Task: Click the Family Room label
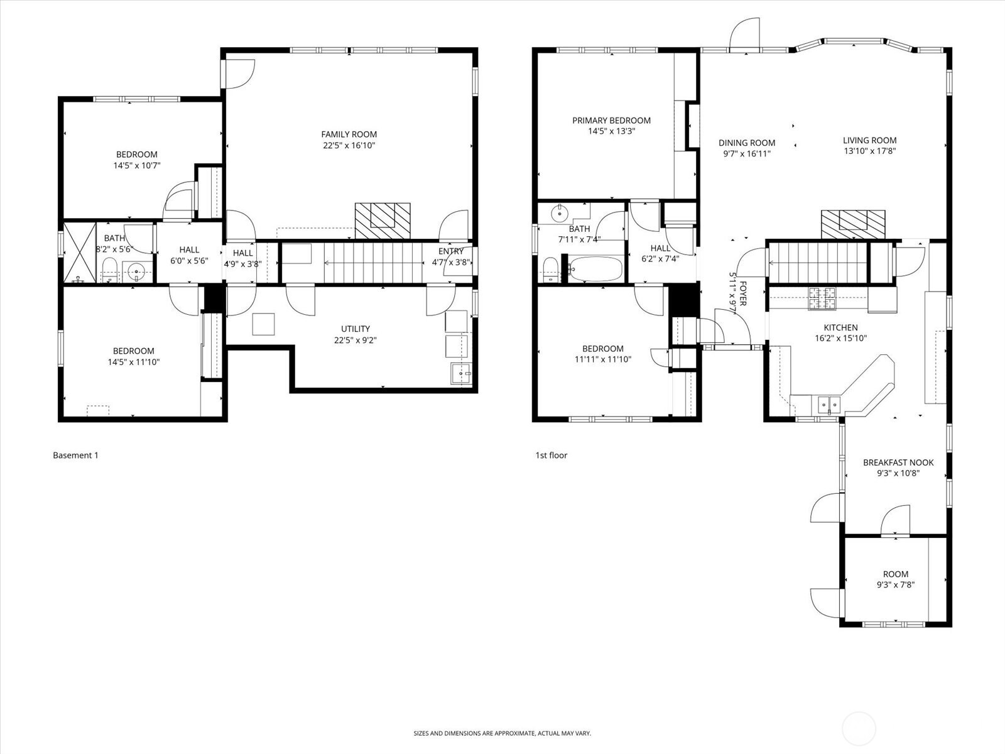click(x=349, y=134)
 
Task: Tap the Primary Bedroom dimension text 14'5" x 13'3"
click(x=611, y=132)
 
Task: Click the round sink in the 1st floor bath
click(x=558, y=214)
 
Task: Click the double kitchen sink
click(x=829, y=404)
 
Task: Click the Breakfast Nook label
click(x=898, y=462)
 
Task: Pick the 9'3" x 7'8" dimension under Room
click(x=896, y=584)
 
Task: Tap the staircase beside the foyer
click(x=818, y=263)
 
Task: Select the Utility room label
click(x=356, y=329)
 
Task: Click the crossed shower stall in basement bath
click(x=79, y=251)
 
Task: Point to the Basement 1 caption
click(x=75, y=456)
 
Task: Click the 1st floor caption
click(x=551, y=456)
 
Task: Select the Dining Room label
click(x=747, y=143)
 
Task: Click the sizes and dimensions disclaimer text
click(x=502, y=733)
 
